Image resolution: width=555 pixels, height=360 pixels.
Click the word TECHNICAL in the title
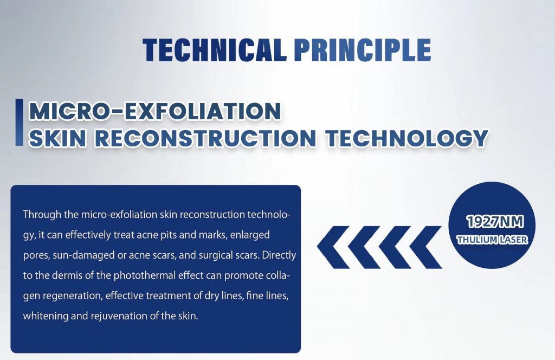point(215,49)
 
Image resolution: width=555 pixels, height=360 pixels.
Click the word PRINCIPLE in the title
point(363,49)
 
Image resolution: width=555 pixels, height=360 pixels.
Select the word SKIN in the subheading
point(57,138)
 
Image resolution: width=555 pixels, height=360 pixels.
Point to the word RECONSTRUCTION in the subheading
point(205,138)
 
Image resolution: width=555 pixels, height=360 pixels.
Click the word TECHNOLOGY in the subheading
point(407,138)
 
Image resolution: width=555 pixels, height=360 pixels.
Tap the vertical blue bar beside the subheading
point(19,122)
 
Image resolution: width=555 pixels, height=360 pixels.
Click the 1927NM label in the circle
point(495,222)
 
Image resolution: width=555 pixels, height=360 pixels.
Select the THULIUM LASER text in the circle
point(492,240)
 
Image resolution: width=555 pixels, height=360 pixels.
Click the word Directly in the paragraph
point(279,255)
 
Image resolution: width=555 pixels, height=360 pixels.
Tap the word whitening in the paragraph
point(46,316)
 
